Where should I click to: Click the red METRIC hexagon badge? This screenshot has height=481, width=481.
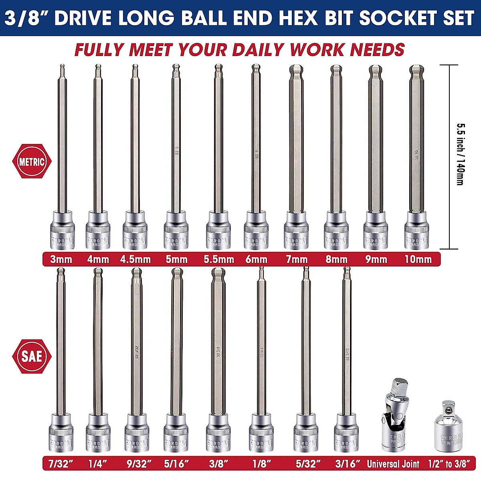(x=32, y=162)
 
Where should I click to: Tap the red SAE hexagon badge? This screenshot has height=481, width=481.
(x=32, y=356)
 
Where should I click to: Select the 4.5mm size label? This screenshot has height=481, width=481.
(x=135, y=259)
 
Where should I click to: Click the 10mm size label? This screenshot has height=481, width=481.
(x=418, y=259)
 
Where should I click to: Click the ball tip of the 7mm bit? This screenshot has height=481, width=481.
(x=296, y=72)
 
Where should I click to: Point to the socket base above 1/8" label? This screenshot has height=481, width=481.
(x=261, y=433)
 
